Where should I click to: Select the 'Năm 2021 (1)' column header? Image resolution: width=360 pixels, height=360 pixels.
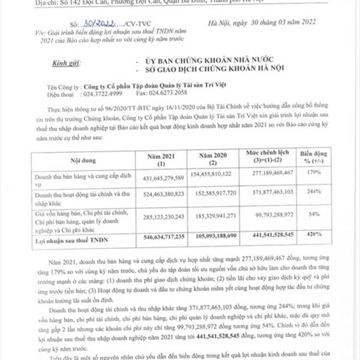coord(160,160)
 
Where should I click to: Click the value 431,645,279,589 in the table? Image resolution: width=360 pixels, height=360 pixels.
coord(160,178)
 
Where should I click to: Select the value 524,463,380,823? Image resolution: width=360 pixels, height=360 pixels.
coord(160,195)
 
